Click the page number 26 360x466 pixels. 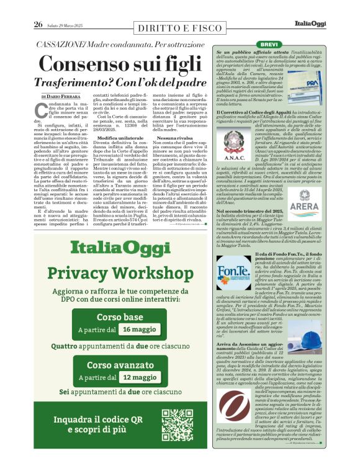(38, 24)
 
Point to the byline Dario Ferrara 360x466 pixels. (63, 97)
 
